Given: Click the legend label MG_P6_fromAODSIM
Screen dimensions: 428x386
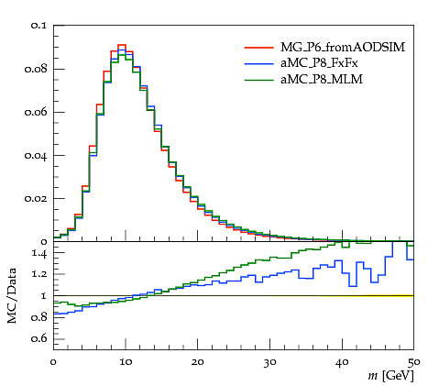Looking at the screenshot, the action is (x=343, y=48).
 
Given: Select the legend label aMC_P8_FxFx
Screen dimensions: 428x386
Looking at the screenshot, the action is (x=319, y=63).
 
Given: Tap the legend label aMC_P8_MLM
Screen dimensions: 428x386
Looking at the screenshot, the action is (x=322, y=80).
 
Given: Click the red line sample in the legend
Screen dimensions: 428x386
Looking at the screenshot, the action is (x=258, y=48).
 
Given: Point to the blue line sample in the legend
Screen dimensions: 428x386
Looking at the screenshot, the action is (x=258, y=63).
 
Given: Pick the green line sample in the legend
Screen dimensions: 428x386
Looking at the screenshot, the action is (x=258, y=80).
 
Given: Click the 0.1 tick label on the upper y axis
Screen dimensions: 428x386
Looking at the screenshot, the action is (x=38, y=26).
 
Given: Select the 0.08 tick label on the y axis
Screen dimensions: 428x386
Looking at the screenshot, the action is (x=36, y=69).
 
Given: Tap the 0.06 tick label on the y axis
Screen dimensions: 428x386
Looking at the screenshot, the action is (x=36, y=112).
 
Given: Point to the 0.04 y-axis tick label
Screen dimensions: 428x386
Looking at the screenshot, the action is (x=36, y=156).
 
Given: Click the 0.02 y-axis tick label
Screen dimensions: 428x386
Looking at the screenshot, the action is (x=36, y=199).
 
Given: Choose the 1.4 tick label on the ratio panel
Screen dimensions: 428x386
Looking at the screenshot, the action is (x=39, y=254).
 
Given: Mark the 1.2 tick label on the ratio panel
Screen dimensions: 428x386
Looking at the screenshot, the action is (x=39, y=274).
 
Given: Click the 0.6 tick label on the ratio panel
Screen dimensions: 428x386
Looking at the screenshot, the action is (x=38, y=338).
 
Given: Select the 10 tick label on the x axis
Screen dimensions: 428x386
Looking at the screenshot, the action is (x=126, y=362).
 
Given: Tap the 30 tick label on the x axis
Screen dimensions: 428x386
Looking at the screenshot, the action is (x=269, y=362).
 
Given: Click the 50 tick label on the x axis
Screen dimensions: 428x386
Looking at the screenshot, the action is (x=413, y=362).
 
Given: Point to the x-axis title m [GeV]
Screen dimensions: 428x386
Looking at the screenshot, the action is (x=390, y=376).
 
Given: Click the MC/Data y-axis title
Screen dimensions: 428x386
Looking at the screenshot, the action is (x=12, y=296).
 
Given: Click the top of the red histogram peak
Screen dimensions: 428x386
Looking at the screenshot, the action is (x=122, y=45).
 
